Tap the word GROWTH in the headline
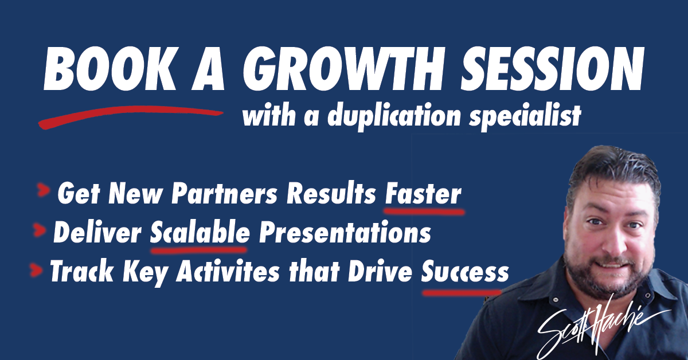click(x=347, y=69)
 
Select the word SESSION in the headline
click(x=552, y=69)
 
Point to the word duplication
click(x=394, y=116)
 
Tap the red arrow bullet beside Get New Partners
click(x=44, y=190)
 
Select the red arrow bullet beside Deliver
click(x=40, y=230)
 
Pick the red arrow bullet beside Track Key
click(x=36, y=269)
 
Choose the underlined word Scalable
click(x=200, y=233)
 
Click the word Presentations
click(x=345, y=233)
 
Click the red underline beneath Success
click(x=462, y=293)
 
